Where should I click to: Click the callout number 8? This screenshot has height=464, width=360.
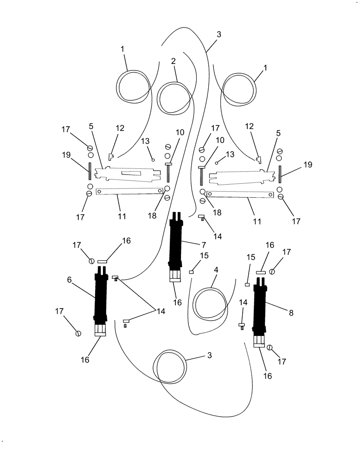291,313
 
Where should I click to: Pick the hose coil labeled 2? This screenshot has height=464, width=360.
174,97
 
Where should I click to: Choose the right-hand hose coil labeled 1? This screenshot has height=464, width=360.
239,90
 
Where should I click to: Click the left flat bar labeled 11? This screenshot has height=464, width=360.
130,191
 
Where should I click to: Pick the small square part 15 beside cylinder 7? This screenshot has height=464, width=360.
191,272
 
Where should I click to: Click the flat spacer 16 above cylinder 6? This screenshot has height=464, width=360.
102,262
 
